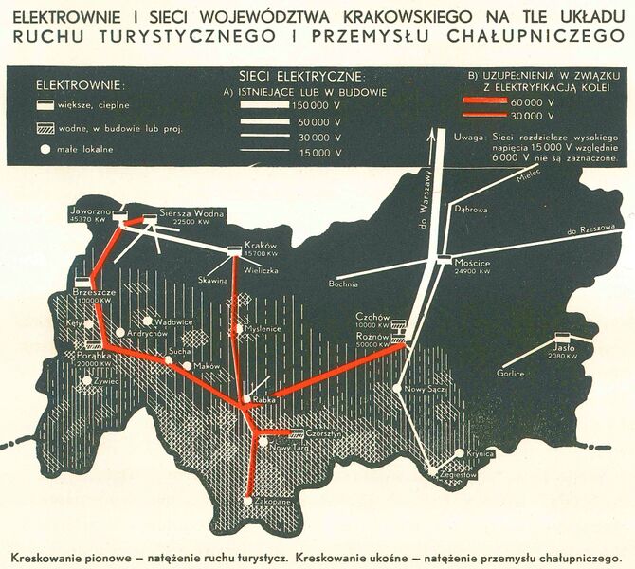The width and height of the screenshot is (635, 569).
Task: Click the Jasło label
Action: (562, 347)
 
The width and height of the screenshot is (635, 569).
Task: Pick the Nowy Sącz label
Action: (420, 389)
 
